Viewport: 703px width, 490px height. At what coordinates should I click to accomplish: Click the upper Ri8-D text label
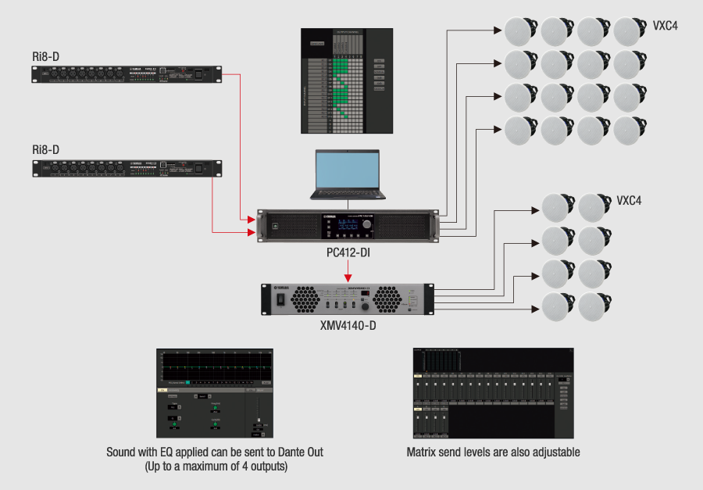pyautogui.click(x=46, y=56)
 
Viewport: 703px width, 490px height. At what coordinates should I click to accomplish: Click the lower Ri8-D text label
pyautogui.click(x=46, y=149)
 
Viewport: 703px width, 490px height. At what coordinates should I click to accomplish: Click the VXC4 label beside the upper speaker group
pyautogui.click(x=666, y=26)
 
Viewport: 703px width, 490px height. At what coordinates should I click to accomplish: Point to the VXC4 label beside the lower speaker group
pyautogui.click(x=630, y=201)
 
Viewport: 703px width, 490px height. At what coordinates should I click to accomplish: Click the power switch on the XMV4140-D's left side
pyautogui.click(x=277, y=299)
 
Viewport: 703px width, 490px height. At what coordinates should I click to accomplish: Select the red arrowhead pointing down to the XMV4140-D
pyautogui.click(x=348, y=277)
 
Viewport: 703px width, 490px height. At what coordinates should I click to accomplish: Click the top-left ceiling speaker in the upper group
pyautogui.click(x=519, y=30)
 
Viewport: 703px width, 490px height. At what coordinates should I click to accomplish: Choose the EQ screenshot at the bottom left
pyautogui.click(x=215, y=393)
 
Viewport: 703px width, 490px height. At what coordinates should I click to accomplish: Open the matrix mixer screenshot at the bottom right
pyautogui.click(x=494, y=393)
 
